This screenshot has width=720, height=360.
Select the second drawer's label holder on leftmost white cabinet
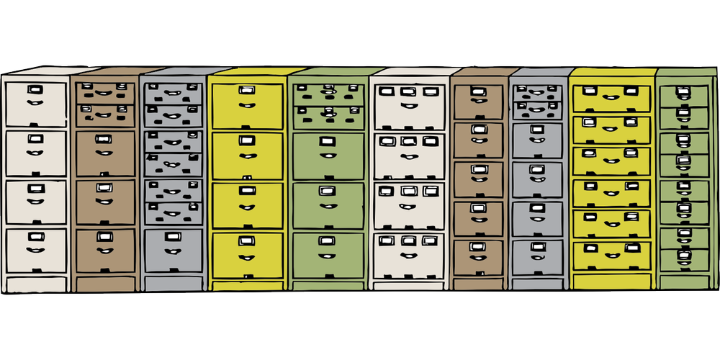(35, 138)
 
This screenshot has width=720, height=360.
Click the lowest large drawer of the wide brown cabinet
(106, 248)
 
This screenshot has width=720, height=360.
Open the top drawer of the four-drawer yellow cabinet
(247, 104)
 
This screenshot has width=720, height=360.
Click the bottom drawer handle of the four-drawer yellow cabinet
(247, 257)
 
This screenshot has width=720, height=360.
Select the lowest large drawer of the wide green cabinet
(328, 252)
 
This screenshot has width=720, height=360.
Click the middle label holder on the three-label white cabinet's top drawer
(408, 92)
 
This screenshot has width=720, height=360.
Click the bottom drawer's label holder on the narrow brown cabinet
(477, 246)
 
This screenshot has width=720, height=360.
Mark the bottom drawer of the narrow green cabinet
(685, 258)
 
